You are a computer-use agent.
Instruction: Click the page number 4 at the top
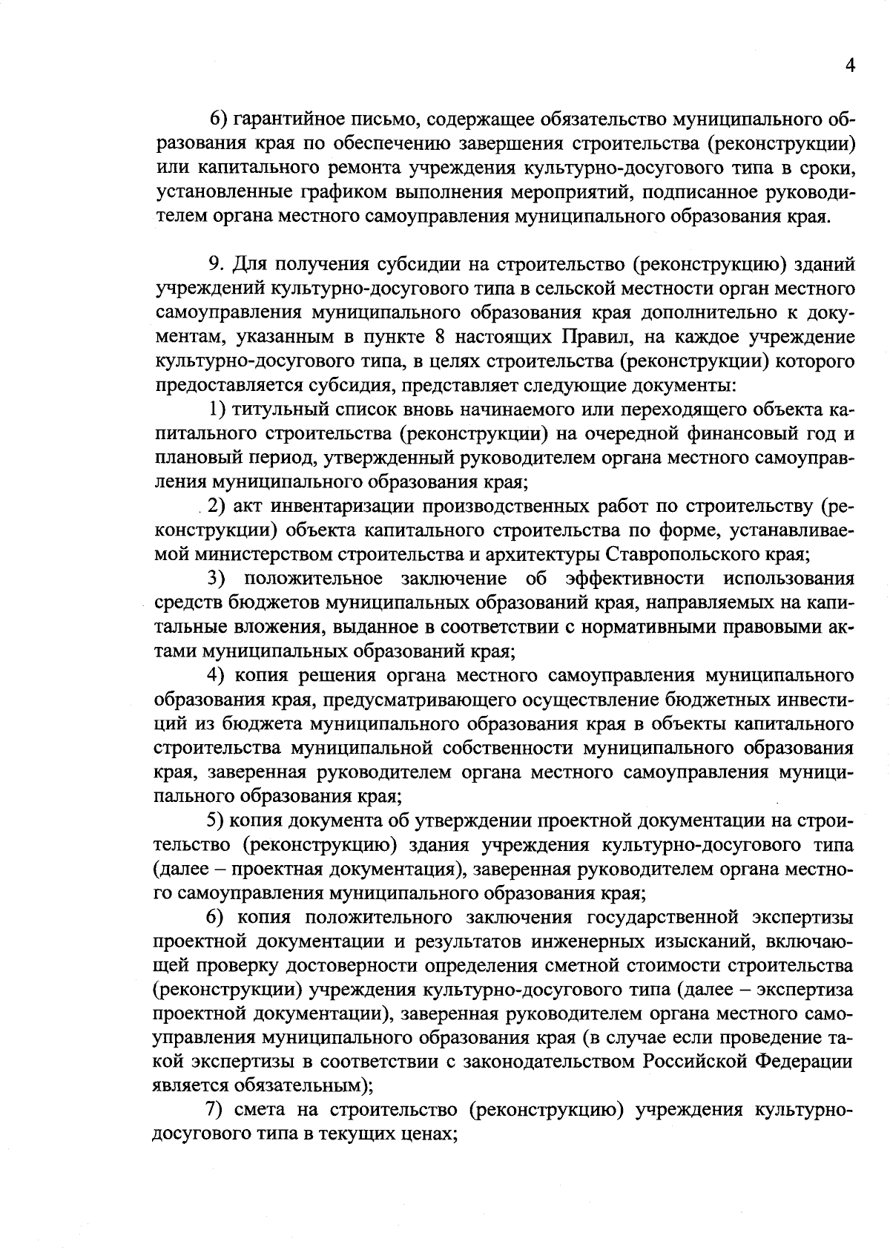pos(850,65)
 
